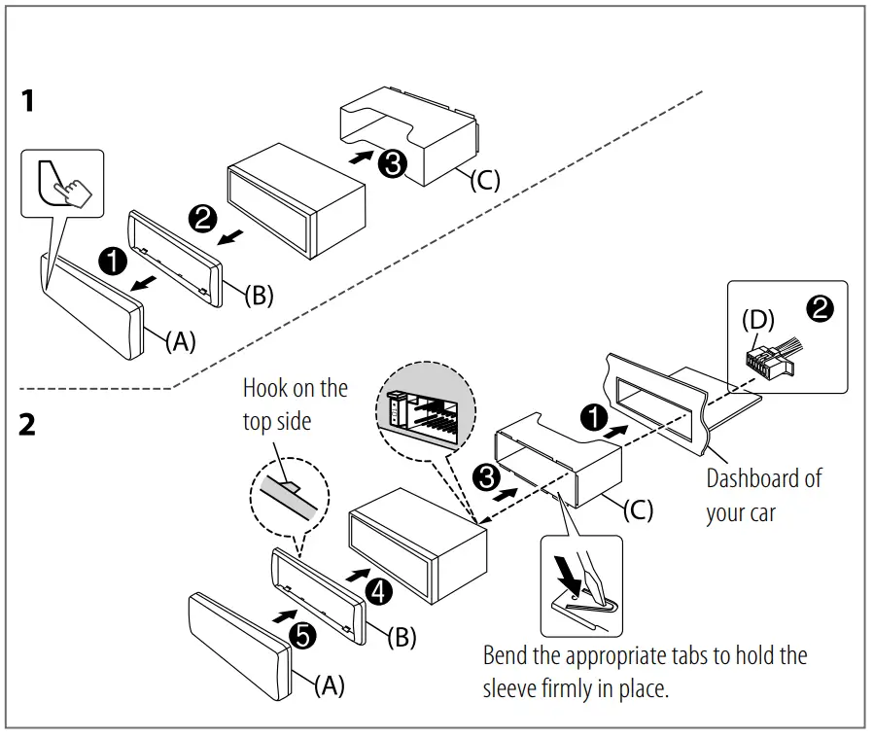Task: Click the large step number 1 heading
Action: [x=29, y=100]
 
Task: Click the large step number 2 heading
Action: [x=28, y=425]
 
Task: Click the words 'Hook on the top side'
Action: [x=294, y=404]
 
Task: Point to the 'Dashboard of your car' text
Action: [x=762, y=495]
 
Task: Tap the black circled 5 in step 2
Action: [x=303, y=636]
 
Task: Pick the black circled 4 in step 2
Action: [x=379, y=589]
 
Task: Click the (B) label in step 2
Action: [x=402, y=638]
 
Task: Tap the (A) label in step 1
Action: [x=180, y=340]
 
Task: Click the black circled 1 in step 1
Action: [x=114, y=260]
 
